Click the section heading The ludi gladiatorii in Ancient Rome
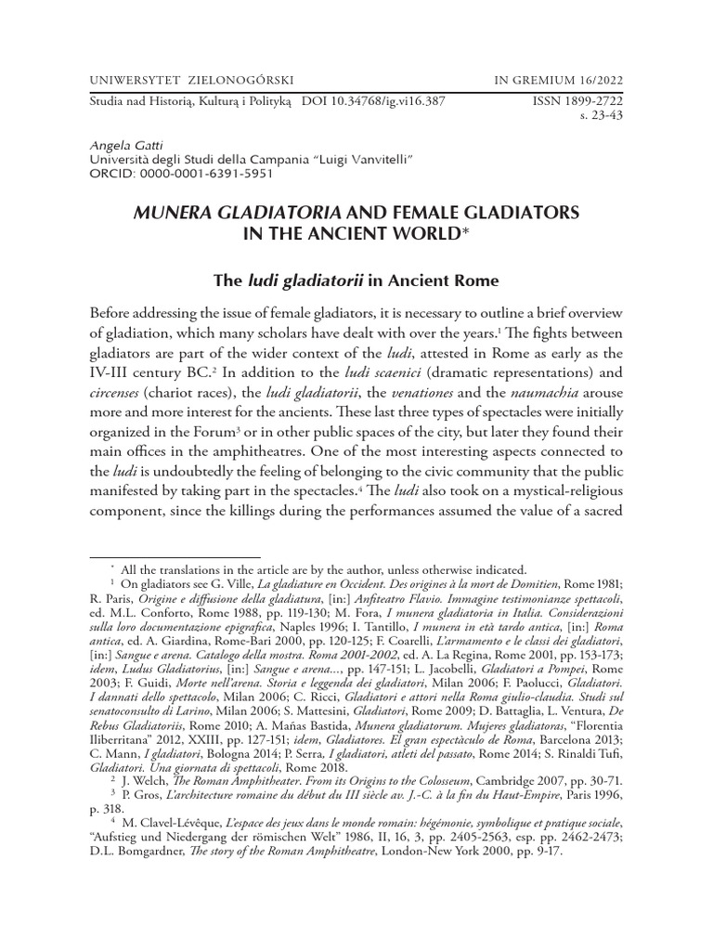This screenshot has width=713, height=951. click(356, 281)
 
